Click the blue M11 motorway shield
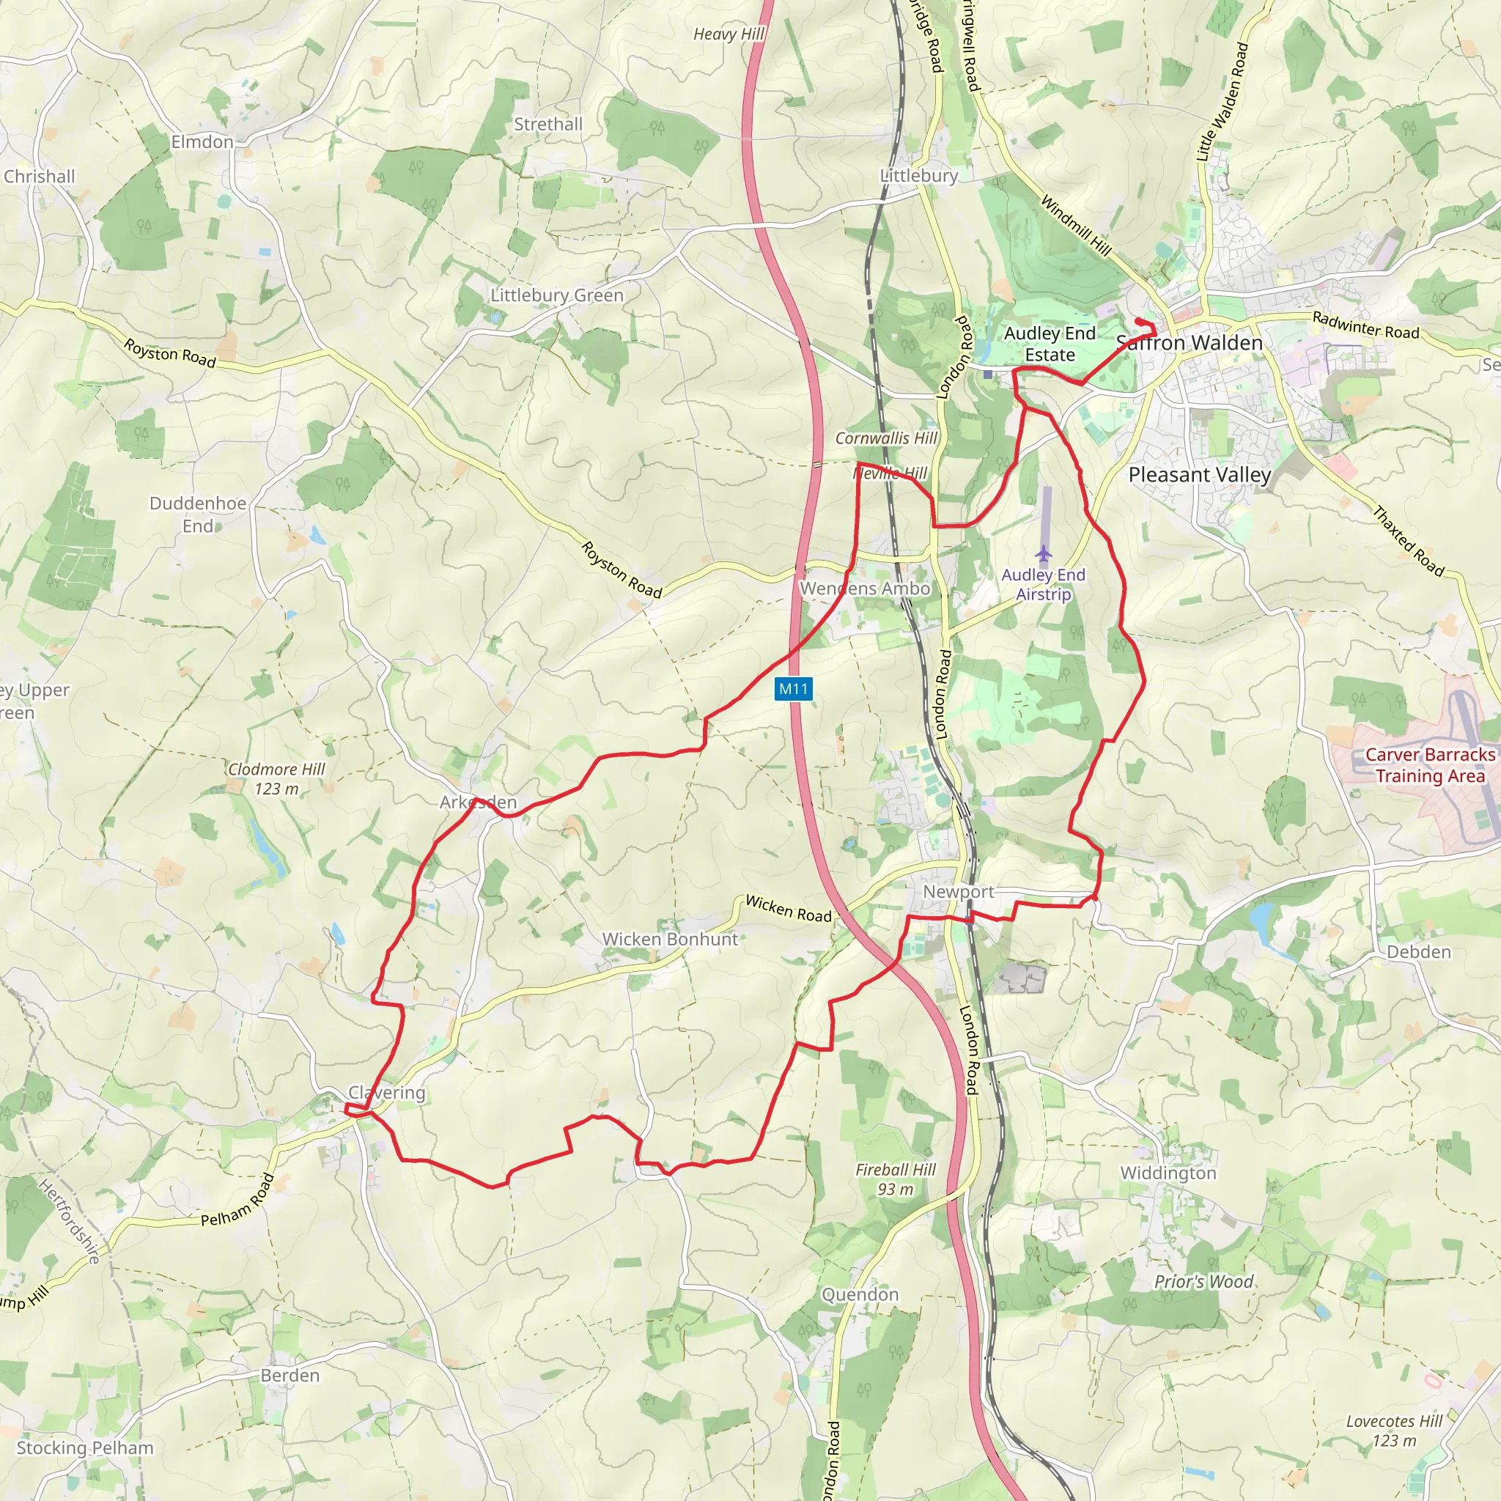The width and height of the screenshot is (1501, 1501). click(x=793, y=688)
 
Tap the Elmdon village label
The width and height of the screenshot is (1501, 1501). click(x=202, y=142)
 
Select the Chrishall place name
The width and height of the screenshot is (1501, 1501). click(x=40, y=177)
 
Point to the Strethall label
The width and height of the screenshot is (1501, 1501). click(x=547, y=125)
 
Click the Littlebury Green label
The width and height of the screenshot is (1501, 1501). click(x=556, y=295)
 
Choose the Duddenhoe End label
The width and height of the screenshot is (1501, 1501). click(x=198, y=515)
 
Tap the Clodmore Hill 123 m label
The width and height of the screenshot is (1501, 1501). click(x=276, y=778)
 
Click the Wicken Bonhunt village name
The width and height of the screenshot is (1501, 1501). click(x=671, y=940)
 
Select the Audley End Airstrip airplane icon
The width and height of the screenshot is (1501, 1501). click(x=1043, y=555)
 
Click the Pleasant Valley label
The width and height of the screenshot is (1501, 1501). click(x=1200, y=475)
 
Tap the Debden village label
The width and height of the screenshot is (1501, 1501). click(x=1419, y=952)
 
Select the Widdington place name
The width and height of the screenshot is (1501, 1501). click(x=1168, y=1173)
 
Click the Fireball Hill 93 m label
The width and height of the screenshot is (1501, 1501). click(x=896, y=1179)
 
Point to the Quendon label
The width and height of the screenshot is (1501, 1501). click(x=860, y=1295)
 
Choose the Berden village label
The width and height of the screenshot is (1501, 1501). click(x=289, y=1376)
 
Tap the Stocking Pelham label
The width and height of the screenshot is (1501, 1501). click(x=86, y=1448)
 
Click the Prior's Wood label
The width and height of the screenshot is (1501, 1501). click(x=1203, y=1282)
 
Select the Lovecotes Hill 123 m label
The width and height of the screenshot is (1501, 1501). click(x=1395, y=1431)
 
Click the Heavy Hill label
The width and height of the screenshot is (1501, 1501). click(x=729, y=34)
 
